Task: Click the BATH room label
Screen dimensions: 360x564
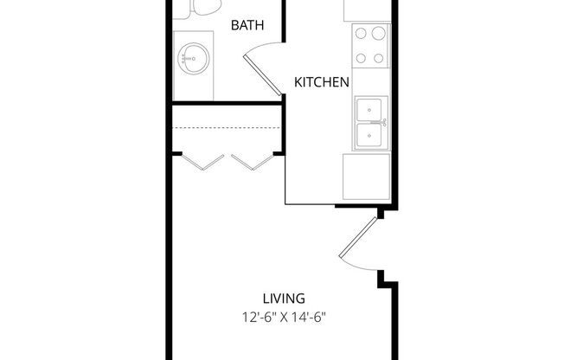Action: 247,26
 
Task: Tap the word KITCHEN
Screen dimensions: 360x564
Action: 322,83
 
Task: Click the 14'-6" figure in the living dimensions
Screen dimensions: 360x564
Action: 313,317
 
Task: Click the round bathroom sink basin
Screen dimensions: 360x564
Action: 191,60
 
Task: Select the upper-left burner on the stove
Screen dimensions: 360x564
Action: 361,34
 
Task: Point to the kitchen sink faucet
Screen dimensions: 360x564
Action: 381,123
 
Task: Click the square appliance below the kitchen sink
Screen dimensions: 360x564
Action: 366,176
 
